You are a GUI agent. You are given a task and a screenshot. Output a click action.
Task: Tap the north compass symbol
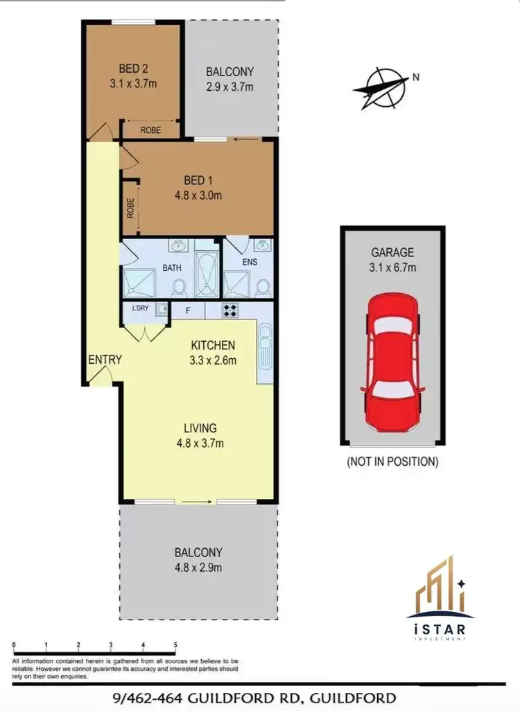click(381, 89)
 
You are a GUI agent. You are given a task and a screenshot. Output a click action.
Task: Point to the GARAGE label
click(392, 253)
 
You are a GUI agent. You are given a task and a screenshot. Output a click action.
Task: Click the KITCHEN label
click(214, 345)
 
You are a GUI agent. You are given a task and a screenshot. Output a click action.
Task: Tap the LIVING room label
click(200, 428)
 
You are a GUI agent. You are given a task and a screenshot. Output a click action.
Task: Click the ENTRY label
click(105, 360)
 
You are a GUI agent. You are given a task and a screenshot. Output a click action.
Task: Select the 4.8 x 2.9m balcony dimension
click(198, 568)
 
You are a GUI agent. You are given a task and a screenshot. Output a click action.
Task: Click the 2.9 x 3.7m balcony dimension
click(229, 87)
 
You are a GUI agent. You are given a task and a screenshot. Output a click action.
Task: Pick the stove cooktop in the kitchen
click(229, 310)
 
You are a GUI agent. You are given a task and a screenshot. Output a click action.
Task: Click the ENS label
click(249, 263)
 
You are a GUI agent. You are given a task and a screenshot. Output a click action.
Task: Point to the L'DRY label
click(141, 310)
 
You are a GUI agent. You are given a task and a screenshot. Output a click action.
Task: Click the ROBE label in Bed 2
click(150, 130)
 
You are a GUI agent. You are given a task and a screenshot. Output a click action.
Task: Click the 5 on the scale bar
click(175, 645)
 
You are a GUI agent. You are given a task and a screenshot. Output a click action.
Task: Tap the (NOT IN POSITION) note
click(392, 461)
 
